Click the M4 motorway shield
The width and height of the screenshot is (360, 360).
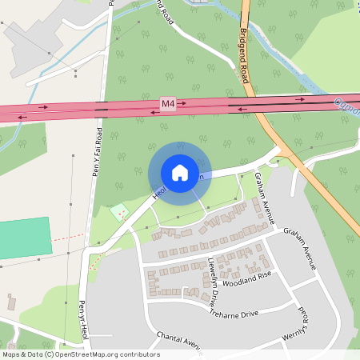point(167,104)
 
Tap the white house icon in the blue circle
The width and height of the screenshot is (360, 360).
point(179,172)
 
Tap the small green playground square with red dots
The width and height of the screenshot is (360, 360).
point(119,211)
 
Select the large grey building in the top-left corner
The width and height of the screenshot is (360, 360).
point(32,40)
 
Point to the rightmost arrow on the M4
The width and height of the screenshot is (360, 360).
point(302,99)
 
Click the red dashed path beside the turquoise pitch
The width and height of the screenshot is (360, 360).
point(66,238)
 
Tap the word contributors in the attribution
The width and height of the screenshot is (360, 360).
point(138,354)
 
